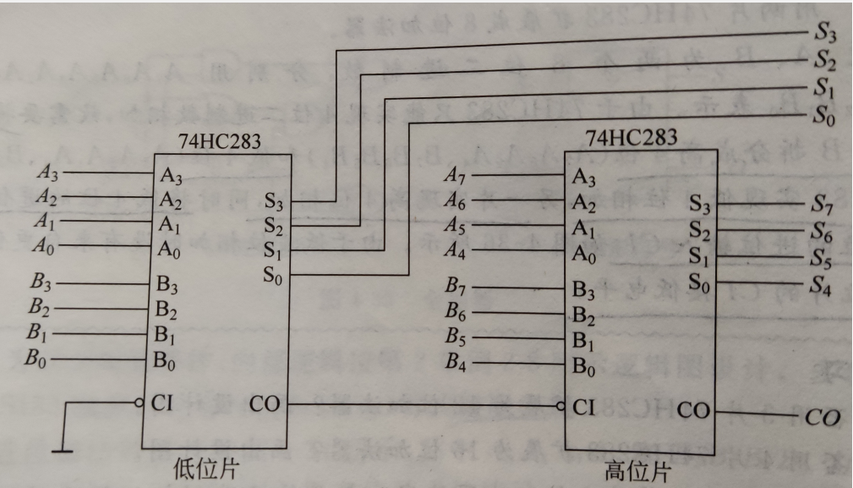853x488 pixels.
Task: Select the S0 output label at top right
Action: (x=824, y=118)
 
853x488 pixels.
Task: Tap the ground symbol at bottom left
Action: (x=62, y=450)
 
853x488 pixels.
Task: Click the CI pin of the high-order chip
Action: (x=583, y=406)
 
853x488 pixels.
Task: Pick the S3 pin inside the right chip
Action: (x=702, y=204)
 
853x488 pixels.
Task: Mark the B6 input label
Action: (x=457, y=314)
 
